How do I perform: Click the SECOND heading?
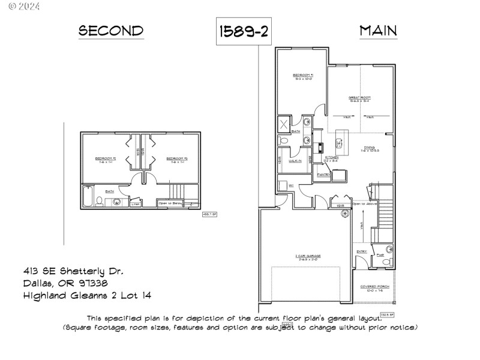click(x=112, y=31)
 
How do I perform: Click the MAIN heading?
click(x=378, y=31)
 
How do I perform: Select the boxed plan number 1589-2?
click(x=243, y=32)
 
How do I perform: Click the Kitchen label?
click(x=331, y=158)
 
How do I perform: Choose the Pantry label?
click(x=324, y=175)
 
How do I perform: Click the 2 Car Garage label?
click(x=308, y=256)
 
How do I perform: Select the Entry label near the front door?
click(x=361, y=251)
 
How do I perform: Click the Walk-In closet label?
click(x=295, y=161)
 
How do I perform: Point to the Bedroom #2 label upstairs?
click(x=105, y=159)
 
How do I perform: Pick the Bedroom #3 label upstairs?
click(x=178, y=159)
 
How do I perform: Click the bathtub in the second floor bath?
click(x=88, y=197)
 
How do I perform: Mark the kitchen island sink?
click(x=338, y=143)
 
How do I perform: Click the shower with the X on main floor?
click(x=284, y=125)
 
